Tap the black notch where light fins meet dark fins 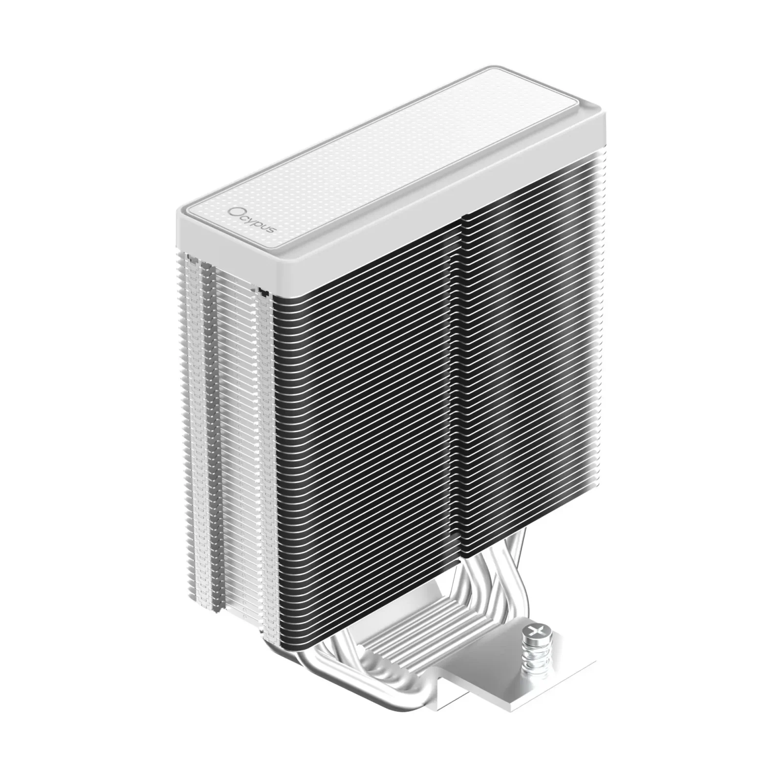click(264, 293)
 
